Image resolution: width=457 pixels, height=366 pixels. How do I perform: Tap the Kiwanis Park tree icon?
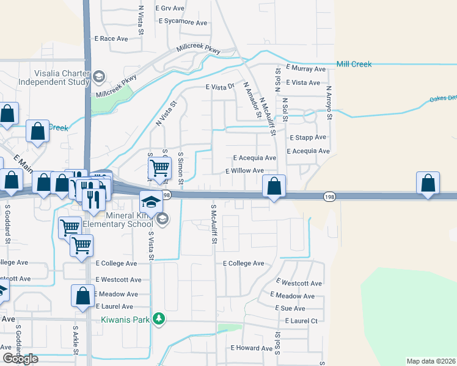(x=159, y=318)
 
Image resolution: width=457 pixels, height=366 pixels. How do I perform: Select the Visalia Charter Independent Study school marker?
(x=98, y=77)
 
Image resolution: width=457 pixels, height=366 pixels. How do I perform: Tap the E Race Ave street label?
(x=111, y=38)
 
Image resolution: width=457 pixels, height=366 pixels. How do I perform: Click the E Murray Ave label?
(x=305, y=69)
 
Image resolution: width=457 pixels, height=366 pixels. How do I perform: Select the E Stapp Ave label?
(x=308, y=138)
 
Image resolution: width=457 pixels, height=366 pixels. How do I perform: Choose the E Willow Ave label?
(x=244, y=171)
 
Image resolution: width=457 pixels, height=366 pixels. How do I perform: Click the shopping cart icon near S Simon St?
(x=159, y=167)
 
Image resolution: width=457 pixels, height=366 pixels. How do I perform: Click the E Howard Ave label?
(x=251, y=348)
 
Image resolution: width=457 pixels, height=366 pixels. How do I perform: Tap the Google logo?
(x=20, y=359)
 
